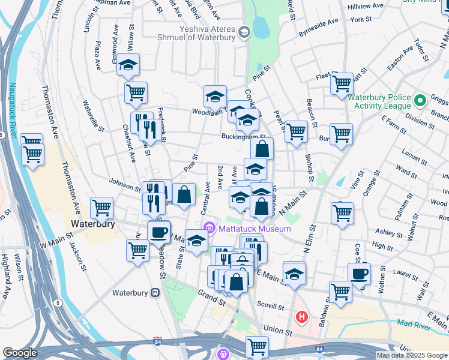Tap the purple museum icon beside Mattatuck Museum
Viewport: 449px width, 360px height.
coord(209,228)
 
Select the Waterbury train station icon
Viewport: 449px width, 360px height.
coord(155,293)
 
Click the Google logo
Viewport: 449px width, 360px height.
coord(20,353)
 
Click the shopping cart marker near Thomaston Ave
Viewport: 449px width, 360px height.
coord(101,208)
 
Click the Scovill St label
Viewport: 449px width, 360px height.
coord(271,307)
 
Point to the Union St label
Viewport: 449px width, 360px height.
coord(277,331)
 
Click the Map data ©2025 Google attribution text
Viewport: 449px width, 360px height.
coord(412,355)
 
